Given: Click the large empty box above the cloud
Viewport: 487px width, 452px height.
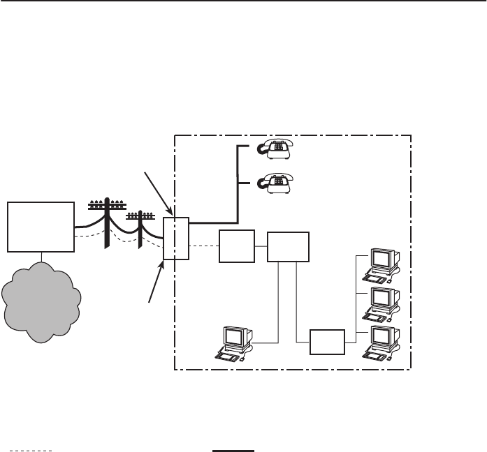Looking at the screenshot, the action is (41, 226).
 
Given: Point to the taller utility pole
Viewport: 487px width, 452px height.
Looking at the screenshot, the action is (106, 223).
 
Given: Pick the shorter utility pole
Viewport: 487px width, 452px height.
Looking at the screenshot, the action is (140, 229).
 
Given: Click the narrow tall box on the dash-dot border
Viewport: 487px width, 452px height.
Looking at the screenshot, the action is (176, 238).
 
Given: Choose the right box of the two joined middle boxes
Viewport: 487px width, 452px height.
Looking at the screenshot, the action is (286, 246).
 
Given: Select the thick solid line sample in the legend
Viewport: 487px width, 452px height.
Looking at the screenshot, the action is (233, 451).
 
